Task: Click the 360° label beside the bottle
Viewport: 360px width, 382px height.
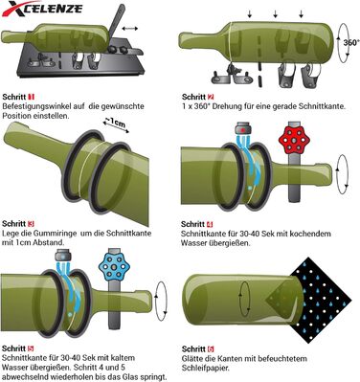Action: (351, 42)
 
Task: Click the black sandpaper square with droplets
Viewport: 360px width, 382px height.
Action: (321, 300)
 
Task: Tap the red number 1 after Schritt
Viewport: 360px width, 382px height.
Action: (32, 97)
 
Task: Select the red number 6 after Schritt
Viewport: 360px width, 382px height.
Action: (211, 348)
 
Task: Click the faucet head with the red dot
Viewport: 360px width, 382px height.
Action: (243, 128)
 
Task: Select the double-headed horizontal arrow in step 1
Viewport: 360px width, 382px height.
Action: (130, 29)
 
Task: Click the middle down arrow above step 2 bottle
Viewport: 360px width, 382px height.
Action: (276, 13)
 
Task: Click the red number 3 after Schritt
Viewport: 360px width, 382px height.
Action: (31, 224)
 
